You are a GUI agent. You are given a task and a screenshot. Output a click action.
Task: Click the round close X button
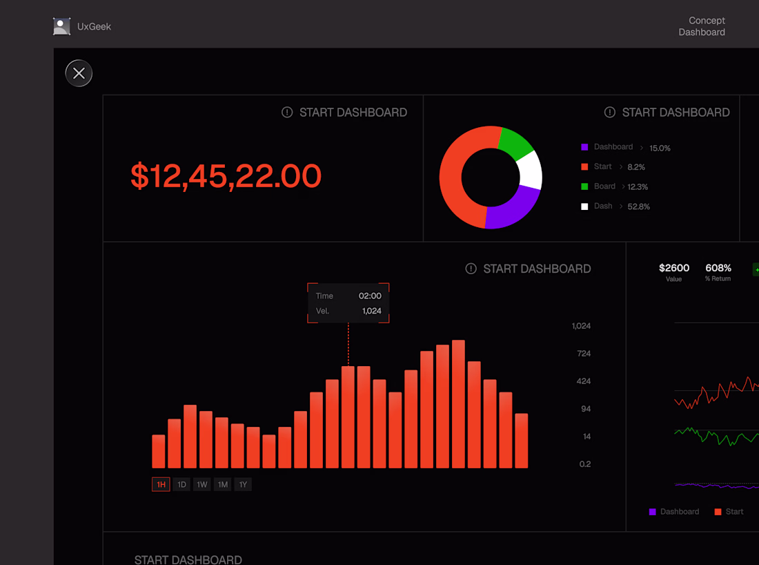79,73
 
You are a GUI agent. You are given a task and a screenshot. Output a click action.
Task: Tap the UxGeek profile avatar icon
62,26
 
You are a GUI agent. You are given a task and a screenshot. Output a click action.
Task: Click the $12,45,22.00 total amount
226,176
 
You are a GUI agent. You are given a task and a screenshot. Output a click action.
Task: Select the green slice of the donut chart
515,144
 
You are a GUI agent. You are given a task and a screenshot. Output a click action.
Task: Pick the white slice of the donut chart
530,170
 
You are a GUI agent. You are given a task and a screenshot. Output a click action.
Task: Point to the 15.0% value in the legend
660,148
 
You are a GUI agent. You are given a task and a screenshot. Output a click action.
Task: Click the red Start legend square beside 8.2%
584,166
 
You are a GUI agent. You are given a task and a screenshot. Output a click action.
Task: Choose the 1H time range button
161,484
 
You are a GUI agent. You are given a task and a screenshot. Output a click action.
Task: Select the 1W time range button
202,484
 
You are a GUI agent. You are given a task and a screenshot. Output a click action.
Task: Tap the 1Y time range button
243,484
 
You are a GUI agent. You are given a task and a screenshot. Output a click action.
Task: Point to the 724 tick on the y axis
584,354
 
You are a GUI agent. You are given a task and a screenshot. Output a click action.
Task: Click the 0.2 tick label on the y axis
585,464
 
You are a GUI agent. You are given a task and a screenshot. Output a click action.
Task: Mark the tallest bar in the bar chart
458,404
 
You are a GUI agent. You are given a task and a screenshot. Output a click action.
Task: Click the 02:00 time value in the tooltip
370,296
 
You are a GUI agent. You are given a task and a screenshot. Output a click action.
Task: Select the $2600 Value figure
674,268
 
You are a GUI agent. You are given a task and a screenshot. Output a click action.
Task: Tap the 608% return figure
718,268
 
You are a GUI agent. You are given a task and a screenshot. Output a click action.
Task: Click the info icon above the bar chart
471,269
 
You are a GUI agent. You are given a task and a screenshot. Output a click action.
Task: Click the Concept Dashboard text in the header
702,26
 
